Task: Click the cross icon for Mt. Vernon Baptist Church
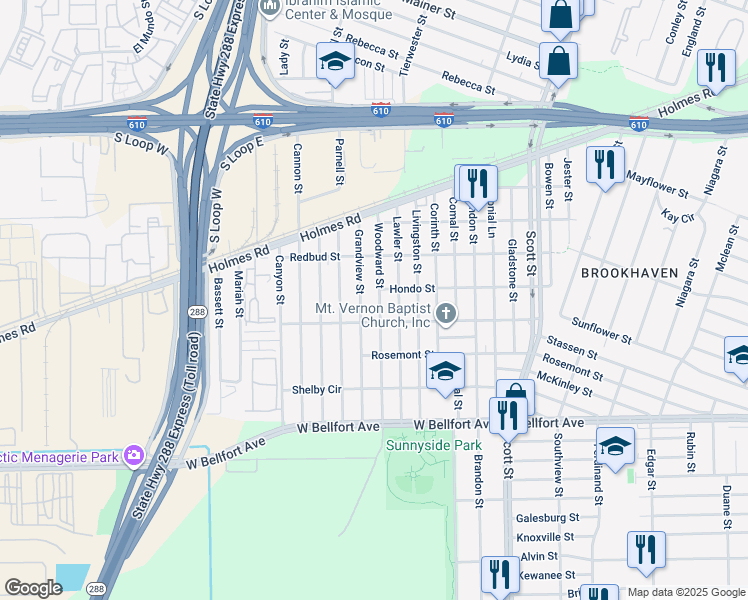click(446, 315)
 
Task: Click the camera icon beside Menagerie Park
click(133, 457)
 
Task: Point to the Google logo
click(33, 588)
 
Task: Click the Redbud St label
click(315, 257)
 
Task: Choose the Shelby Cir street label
click(317, 389)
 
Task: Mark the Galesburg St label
click(547, 517)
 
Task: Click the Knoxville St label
click(547, 537)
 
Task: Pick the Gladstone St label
click(511, 269)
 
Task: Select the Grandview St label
click(358, 254)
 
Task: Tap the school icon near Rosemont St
click(446, 372)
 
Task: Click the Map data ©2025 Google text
click(686, 592)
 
